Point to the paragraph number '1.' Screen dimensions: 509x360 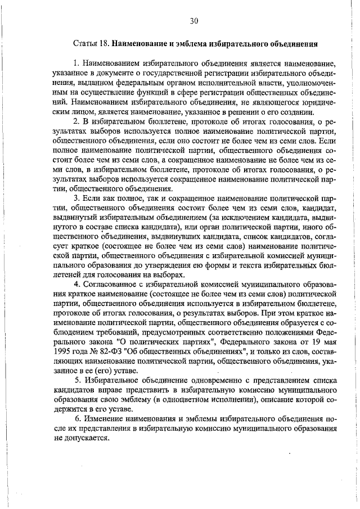[x=77, y=64]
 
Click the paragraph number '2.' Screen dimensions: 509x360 [x=77, y=121]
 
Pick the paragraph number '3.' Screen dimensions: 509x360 [x=77, y=199]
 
